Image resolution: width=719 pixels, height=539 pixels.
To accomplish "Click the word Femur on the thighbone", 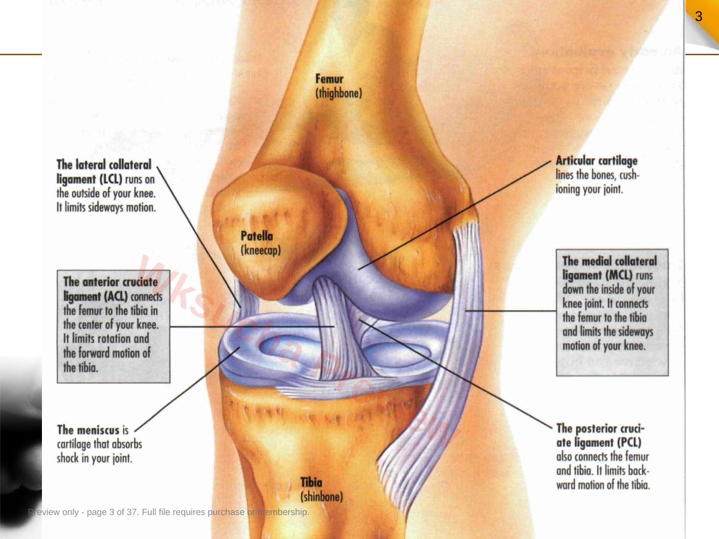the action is (329, 79).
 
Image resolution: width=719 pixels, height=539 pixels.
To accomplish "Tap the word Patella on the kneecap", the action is (257, 236).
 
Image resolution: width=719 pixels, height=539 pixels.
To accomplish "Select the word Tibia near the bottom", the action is (311, 482).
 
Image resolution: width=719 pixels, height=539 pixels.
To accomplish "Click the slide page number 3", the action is (699, 16).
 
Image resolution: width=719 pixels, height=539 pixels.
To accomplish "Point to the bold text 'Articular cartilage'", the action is (597, 161).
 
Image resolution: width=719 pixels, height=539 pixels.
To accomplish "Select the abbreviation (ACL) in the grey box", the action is (116, 296).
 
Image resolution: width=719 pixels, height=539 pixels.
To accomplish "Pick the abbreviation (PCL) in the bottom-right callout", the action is (629, 443).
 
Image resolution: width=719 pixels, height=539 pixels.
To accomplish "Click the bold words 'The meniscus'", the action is (88, 430).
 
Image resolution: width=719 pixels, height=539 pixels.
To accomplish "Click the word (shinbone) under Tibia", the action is (322, 497).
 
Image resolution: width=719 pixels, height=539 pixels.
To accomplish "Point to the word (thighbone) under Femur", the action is (339, 93).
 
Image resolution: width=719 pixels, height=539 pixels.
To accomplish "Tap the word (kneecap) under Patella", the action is (261, 251).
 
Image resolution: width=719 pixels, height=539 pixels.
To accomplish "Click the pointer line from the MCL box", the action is (511, 311).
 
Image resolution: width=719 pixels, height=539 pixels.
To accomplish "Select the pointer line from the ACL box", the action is (252, 326).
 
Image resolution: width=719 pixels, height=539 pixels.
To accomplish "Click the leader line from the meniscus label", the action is (187, 389).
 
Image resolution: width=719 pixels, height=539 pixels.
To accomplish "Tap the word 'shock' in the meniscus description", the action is (68, 458).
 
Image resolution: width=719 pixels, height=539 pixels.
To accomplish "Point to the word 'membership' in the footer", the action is (283, 512).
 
